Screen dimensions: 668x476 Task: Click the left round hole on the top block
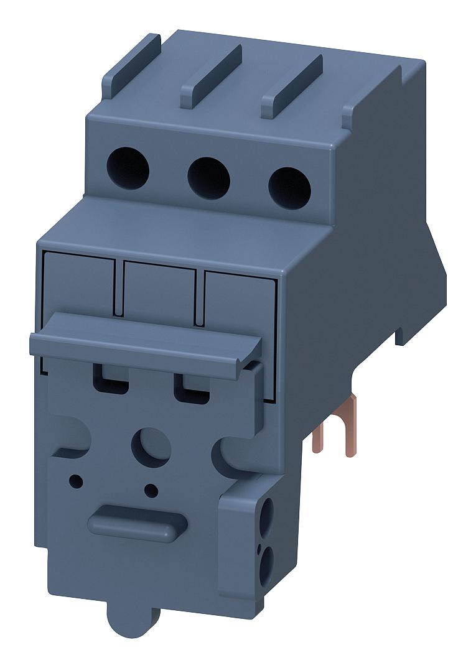pyautogui.click(x=128, y=167)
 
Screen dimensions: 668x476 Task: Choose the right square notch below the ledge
pyautogui.click(x=192, y=389)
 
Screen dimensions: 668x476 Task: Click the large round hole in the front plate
pyautogui.click(x=150, y=446)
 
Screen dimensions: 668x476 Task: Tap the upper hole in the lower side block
pyautogui.click(x=269, y=515)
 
